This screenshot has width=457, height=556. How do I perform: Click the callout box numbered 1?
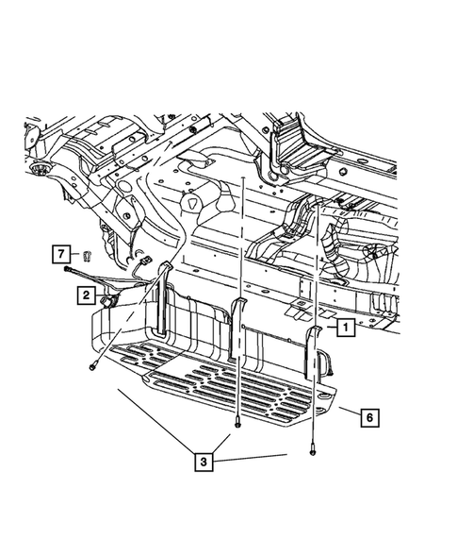pos(345,329)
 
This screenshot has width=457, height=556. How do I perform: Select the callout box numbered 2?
pos(85,296)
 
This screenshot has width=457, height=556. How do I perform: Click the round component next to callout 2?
pos(109,299)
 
